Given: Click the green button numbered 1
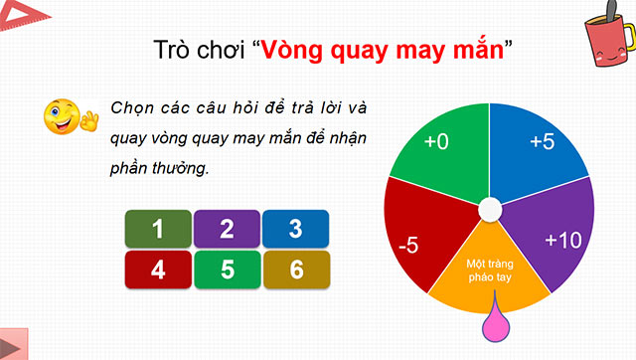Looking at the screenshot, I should [157, 230].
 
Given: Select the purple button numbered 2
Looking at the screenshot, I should [227, 230].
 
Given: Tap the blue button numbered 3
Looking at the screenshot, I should [295, 230].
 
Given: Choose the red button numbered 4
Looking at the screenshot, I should [157, 269].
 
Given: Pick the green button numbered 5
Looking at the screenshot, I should [227, 269].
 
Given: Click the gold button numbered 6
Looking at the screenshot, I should [295, 269].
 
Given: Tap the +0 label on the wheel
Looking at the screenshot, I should [436, 142].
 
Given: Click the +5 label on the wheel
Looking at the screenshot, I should [542, 142].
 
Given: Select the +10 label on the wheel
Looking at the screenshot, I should [563, 239].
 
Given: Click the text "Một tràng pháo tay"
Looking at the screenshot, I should [488, 270].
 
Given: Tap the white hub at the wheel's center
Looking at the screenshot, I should [489, 209].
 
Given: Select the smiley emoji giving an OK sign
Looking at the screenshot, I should [66, 117].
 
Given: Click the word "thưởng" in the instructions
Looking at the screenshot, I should [179, 168].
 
